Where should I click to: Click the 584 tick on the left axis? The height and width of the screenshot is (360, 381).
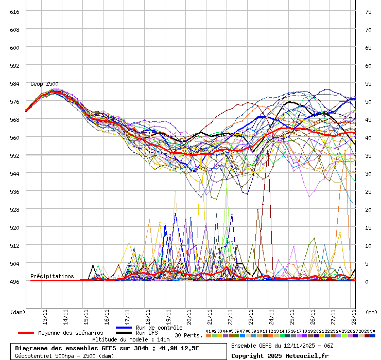point(14,83)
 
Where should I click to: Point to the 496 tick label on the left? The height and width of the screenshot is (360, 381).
point(14,281)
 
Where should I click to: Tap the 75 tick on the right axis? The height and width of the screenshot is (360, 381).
point(368,11)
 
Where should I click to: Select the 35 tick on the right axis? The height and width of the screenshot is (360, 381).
point(368,155)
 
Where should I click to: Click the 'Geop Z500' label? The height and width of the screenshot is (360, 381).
point(44,84)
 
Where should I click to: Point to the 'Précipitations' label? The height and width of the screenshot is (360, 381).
point(52,276)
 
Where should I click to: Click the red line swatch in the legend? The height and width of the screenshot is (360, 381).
point(26,333)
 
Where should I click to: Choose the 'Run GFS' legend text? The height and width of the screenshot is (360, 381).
point(147,333)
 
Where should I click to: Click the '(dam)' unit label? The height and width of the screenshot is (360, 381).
point(18,312)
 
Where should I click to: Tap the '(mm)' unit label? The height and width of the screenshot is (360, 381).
point(371,312)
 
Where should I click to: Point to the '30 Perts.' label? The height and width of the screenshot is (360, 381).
point(188,335)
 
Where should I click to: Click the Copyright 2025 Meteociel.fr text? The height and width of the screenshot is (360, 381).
point(280,355)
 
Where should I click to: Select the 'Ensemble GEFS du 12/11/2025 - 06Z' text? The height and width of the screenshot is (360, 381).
point(282,345)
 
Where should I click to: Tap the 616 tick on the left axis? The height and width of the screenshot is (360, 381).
point(14,11)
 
